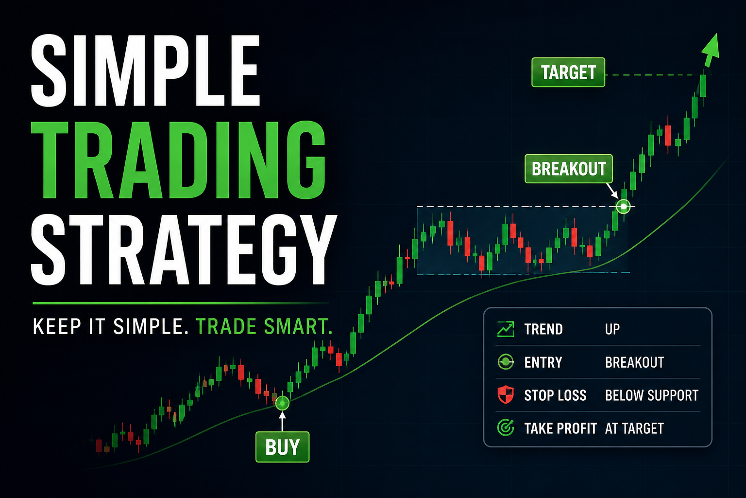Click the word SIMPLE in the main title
(145, 71)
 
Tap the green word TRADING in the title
(178, 160)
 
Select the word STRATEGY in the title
(184, 250)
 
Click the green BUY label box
(282, 447)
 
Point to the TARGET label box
(568, 72)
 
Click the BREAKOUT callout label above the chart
(569, 169)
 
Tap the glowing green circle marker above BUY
(282, 403)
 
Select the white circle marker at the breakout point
(623, 207)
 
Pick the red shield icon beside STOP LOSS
(506, 395)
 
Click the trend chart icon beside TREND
(506, 329)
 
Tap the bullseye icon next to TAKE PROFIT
(506, 428)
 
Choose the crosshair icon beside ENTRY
(506, 362)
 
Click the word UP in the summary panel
(612, 329)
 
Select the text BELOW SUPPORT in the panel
(651, 395)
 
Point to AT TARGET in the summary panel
(634, 428)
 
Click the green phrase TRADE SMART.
(264, 326)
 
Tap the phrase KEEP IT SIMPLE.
(111, 326)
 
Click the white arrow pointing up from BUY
(282, 422)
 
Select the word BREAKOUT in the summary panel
(634, 362)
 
